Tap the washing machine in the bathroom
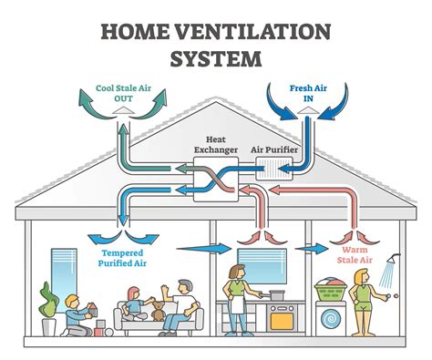click(332, 314)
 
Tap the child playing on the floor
click(73, 315)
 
